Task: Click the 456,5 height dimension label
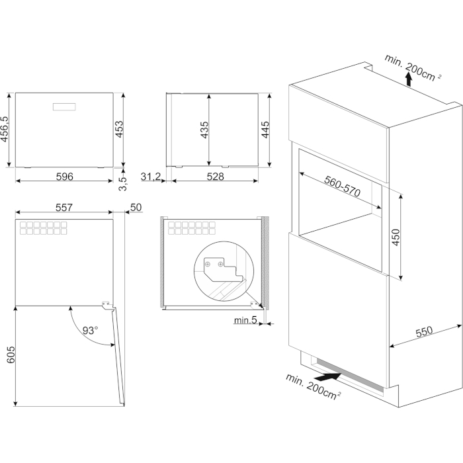point(5,129)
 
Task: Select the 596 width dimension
point(64,177)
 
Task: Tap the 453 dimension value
point(119,129)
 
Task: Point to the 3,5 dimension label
point(123,183)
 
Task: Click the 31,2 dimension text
point(151,177)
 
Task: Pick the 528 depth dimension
point(215,177)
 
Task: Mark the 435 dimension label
point(204,130)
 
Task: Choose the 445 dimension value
point(265,130)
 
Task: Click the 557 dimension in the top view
point(63,207)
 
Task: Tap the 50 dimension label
point(136,207)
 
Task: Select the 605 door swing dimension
point(11,355)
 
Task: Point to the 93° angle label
point(90,330)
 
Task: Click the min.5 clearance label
point(245,319)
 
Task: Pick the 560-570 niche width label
point(342,186)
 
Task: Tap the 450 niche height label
point(396,237)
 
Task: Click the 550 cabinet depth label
point(424,331)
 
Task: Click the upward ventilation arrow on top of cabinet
point(408,79)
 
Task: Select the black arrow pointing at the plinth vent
point(327,377)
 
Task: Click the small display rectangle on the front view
point(64,107)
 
